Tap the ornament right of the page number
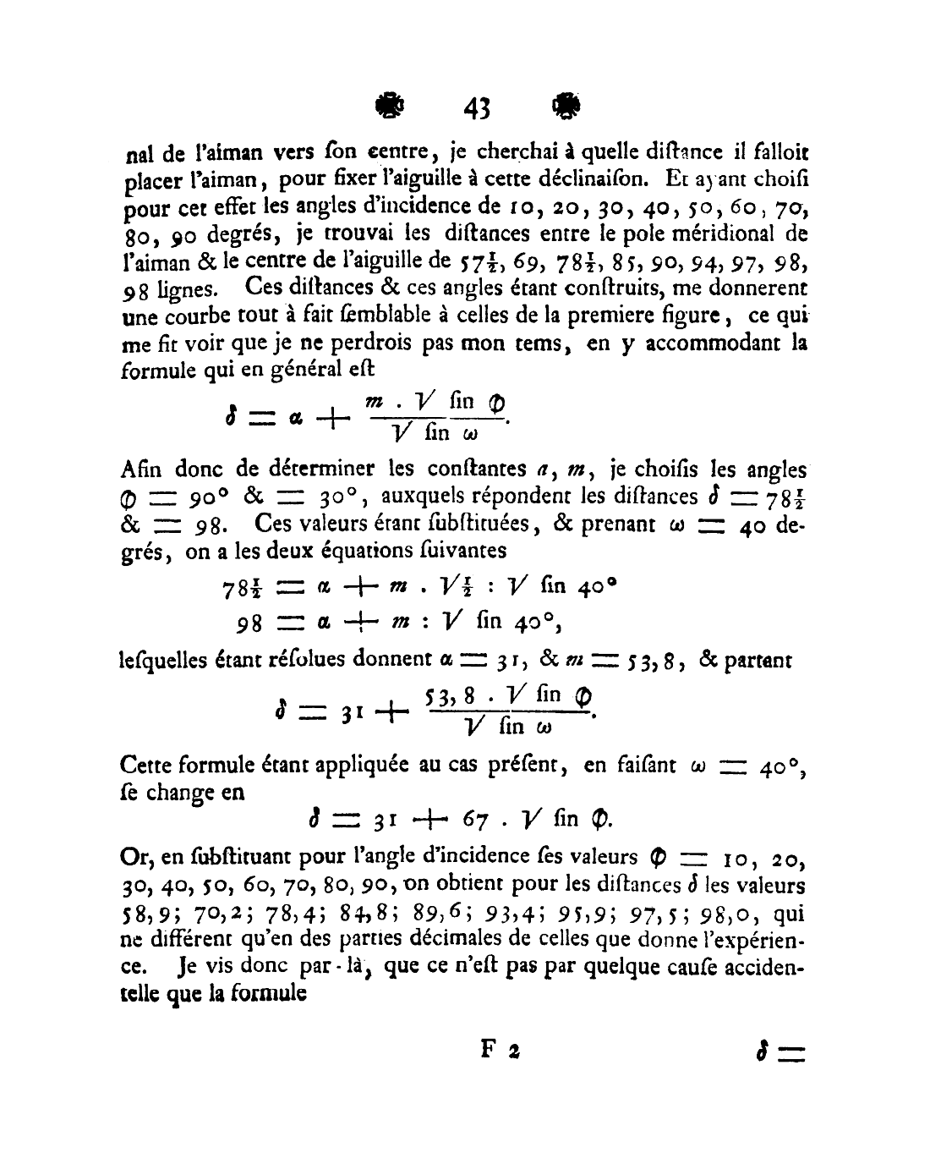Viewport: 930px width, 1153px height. coord(563,106)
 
